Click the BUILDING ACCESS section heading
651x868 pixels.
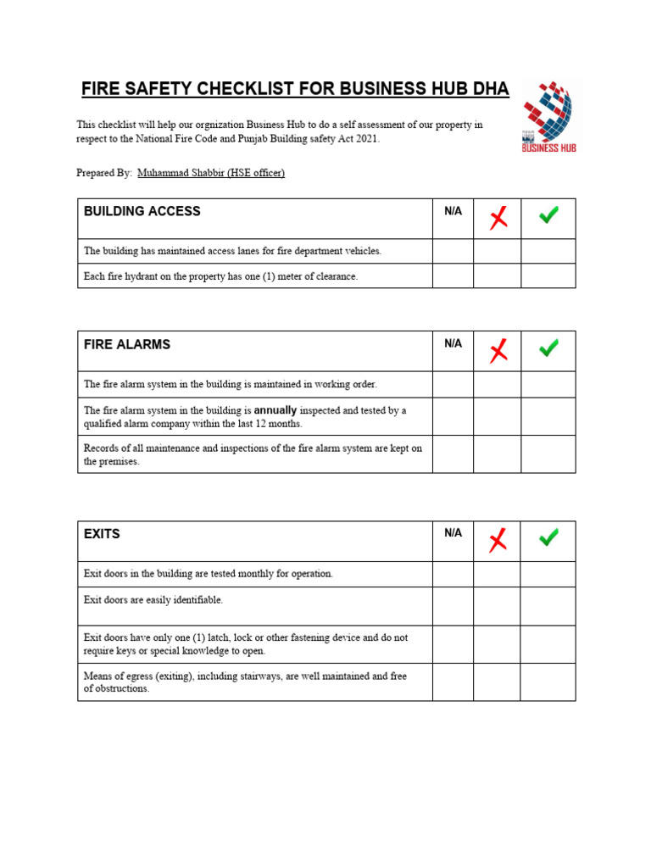point(142,211)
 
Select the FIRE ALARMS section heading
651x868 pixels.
point(127,344)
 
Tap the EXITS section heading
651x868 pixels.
point(102,534)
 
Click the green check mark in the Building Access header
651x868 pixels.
point(548,216)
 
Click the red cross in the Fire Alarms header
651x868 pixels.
point(498,350)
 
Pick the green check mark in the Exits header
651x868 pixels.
point(548,537)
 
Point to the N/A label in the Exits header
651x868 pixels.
point(453,533)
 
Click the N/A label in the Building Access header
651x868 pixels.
point(453,211)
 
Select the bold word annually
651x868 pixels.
point(275,410)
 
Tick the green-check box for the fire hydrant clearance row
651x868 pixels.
point(548,276)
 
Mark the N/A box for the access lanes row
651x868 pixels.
point(453,251)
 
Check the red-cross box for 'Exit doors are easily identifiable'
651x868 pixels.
point(498,606)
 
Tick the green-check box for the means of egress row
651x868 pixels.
point(548,682)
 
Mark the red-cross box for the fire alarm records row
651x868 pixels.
point(498,454)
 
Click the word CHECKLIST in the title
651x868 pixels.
point(243,90)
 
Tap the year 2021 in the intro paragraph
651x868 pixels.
point(364,139)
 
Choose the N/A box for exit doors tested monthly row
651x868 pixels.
point(453,574)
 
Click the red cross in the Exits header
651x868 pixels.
point(498,539)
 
